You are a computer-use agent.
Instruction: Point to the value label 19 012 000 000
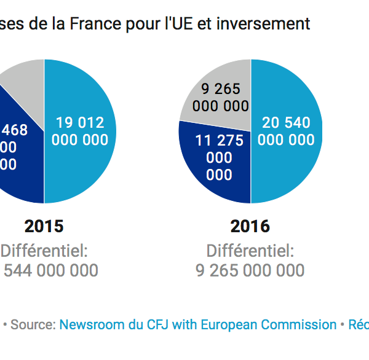pyautogui.click(x=80, y=131)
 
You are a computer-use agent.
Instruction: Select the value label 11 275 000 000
pyautogui.click(x=219, y=158)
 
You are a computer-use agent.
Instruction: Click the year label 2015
pyautogui.click(x=44, y=227)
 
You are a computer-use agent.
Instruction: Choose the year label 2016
pyautogui.click(x=250, y=227)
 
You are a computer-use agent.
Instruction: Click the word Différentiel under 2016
pyautogui.click(x=250, y=251)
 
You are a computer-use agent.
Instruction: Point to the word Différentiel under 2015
pyautogui.click(x=44, y=251)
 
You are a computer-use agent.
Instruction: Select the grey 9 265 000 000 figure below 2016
pyautogui.click(x=250, y=271)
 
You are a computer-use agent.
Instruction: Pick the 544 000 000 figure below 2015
pyautogui.click(x=50, y=271)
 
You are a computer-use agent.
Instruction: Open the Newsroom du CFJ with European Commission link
pyautogui.click(x=197, y=324)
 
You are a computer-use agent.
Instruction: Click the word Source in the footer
pyautogui.click(x=31, y=324)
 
